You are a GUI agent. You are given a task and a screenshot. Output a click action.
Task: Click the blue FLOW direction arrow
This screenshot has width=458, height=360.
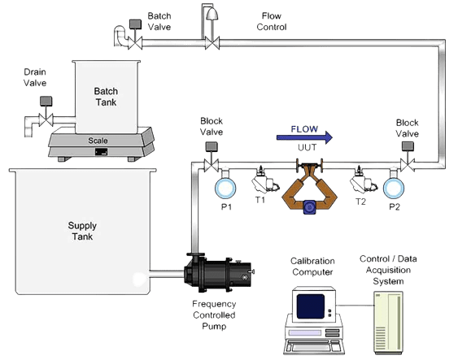tap(304, 137)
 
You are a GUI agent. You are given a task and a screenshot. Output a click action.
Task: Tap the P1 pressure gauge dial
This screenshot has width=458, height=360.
tap(225, 189)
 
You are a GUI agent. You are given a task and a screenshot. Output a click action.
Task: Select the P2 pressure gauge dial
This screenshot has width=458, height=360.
tap(394, 189)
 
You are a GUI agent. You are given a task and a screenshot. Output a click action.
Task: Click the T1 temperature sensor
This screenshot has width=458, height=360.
tap(264, 180)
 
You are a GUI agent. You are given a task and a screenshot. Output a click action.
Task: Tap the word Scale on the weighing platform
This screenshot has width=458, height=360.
tap(98, 141)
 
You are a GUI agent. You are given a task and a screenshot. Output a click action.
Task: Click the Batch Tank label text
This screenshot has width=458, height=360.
tap(106, 97)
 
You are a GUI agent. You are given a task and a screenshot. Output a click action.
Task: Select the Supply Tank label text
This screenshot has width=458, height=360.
tap(82, 231)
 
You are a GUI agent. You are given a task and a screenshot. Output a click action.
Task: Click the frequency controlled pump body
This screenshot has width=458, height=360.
tap(219, 273)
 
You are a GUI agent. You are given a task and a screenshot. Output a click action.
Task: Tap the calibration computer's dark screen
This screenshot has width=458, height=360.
tap(311, 306)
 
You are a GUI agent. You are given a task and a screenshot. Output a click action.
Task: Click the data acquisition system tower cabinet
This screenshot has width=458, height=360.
tap(389, 323)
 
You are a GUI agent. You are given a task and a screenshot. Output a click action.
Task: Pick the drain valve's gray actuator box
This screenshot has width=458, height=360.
tap(46, 102)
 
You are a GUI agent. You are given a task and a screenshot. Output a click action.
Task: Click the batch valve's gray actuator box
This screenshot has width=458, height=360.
tap(135, 24)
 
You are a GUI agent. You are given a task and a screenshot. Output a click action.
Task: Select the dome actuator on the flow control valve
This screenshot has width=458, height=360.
tap(212, 14)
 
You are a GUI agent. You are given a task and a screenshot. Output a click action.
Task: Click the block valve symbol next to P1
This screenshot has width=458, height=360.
tap(212, 166)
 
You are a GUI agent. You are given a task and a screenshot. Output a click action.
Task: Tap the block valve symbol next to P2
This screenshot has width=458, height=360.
tap(408, 166)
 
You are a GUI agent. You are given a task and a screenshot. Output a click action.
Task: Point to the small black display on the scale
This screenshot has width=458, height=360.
tap(101, 152)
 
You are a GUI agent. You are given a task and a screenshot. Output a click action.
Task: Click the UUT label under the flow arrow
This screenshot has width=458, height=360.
tap(307, 148)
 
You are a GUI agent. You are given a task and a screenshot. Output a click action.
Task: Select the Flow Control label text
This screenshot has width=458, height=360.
tap(272, 21)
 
